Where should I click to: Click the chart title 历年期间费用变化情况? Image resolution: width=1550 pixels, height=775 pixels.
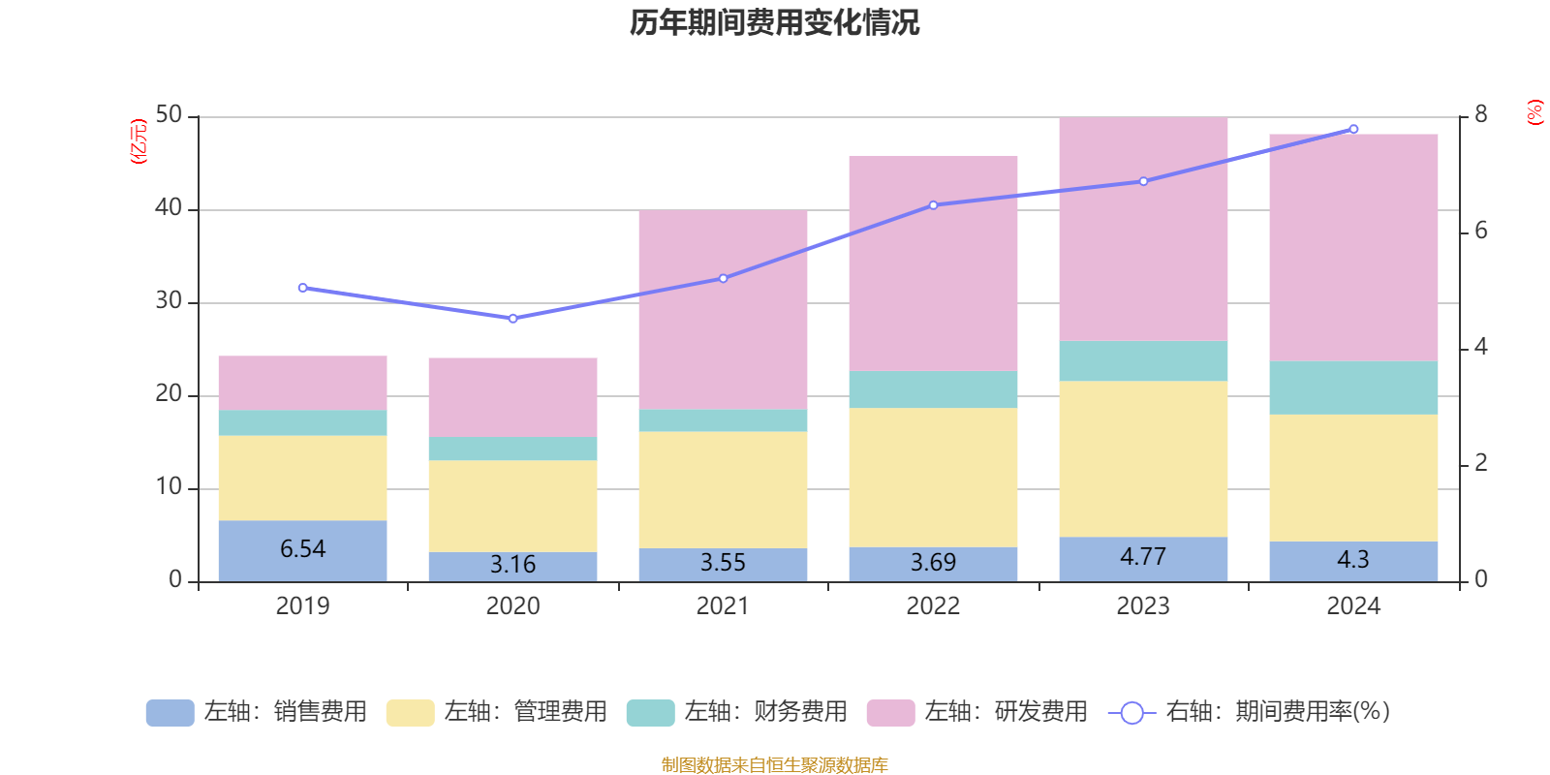tap(774, 22)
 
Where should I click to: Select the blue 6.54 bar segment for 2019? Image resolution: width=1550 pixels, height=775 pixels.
tap(302, 550)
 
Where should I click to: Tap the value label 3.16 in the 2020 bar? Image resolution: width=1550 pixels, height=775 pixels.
tap(512, 565)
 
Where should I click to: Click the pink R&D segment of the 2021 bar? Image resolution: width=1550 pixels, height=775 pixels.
tap(723, 309)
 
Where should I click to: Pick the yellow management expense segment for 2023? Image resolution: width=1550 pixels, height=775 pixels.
tap(1143, 458)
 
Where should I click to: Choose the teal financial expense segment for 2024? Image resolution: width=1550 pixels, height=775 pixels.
tap(1353, 387)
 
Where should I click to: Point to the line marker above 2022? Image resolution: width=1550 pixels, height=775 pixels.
tap(933, 205)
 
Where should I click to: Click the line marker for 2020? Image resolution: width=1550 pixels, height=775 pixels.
tap(512, 319)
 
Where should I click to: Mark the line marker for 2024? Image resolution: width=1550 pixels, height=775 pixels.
tap(1353, 129)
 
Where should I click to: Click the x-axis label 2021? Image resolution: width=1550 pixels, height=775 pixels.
tap(723, 606)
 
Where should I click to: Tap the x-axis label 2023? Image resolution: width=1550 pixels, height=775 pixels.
tap(1143, 606)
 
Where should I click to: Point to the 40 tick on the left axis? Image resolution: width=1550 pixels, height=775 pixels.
tap(169, 208)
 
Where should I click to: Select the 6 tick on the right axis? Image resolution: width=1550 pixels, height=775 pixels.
tap(1480, 232)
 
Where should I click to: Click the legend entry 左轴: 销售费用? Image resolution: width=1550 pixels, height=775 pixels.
tap(257, 712)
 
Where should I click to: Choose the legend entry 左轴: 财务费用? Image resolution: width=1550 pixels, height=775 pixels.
tap(737, 712)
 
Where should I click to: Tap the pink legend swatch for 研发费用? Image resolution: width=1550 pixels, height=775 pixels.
tap(890, 713)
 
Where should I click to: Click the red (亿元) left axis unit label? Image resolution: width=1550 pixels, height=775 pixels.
tap(139, 141)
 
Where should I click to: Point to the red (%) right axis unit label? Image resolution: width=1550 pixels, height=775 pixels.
tap(1534, 112)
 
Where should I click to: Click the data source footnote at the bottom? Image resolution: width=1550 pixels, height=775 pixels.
tap(774, 765)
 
